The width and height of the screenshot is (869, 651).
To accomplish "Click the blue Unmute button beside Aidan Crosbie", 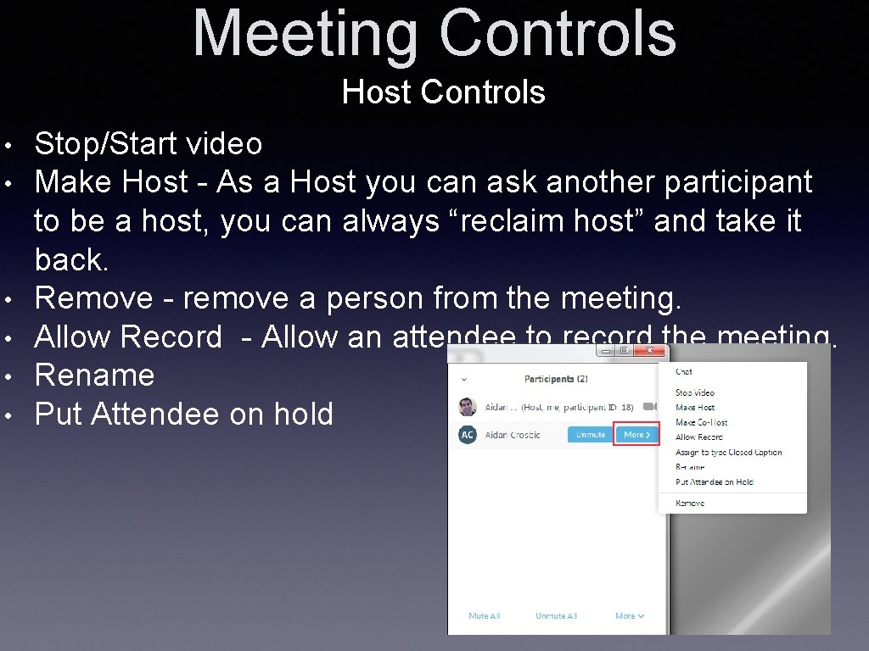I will [591, 435].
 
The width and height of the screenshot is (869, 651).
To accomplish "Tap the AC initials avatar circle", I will [467, 435].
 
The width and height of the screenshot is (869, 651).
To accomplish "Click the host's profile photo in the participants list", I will [467, 407].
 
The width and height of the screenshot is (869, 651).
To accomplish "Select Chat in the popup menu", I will [684, 372].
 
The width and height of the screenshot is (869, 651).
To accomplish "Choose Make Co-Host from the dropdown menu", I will [701, 422].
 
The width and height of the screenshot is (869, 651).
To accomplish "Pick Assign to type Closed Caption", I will [728, 453].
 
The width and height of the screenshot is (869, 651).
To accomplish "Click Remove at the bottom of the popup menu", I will [690, 504].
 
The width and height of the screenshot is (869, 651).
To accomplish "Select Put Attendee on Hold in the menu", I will [714, 482].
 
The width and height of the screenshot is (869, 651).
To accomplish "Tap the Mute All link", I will [484, 616].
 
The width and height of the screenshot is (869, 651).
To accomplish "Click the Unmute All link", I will [556, 616].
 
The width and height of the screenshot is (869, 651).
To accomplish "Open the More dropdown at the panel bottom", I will [630, 616].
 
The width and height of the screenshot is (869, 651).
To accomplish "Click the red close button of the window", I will [649, 350].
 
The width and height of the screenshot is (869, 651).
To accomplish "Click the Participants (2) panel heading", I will [556, 379].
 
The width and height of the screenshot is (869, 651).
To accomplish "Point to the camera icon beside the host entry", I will [651, 407].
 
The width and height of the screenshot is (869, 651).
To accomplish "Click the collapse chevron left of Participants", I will [464, 380].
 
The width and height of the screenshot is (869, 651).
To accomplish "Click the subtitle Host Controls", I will [443, 92].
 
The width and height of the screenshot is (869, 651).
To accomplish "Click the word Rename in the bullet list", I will [94, 376].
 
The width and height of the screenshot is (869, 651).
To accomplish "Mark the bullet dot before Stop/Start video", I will [7, 145].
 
